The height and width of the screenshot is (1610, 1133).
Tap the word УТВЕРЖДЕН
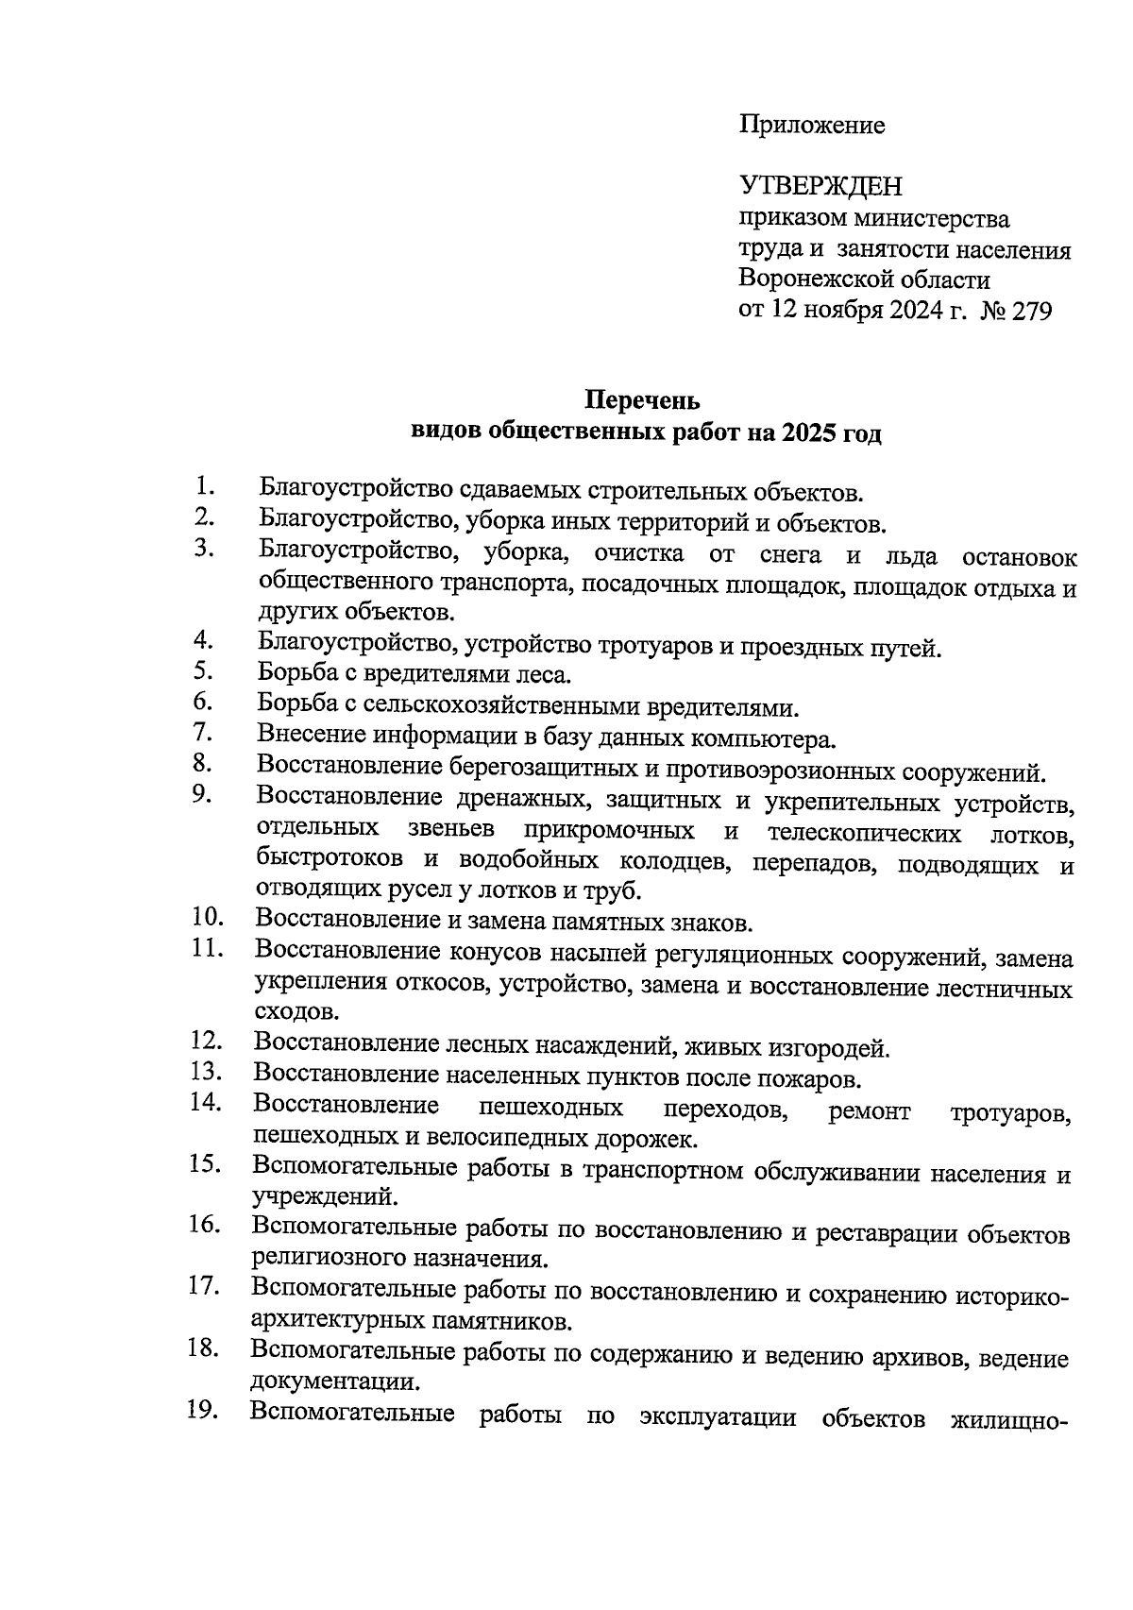(x=820, y=186)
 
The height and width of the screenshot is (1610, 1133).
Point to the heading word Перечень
(x=643, y=400)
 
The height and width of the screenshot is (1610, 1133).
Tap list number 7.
(x=204, y=732)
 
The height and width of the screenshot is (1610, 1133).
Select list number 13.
(x=206, y=1072)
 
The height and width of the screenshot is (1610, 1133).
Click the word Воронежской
(x=814, y=280)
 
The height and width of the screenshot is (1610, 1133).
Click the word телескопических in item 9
(x=864, y=834)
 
